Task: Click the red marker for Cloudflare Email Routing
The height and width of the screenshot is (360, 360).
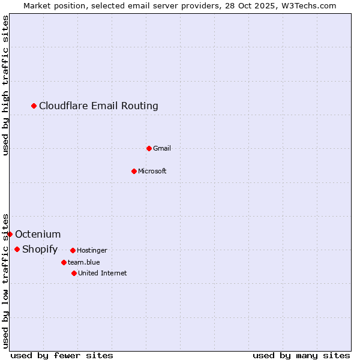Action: pos(34,106)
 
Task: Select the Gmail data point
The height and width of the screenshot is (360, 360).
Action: pos(149,148)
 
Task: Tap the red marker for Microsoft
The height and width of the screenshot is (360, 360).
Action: pos(134,171)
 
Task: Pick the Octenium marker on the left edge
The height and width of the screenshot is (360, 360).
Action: pos(10,234)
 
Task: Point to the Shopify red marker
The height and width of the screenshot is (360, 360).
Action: pos(17,249)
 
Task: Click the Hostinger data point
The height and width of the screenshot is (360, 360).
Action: pos(73,250)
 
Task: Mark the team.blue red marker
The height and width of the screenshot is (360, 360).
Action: pos(64,262)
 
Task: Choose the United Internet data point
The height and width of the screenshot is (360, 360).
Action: pos(74,273)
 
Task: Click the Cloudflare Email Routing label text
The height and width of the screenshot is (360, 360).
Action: pos(98,106)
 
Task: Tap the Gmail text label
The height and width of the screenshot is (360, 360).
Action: pos(162,148)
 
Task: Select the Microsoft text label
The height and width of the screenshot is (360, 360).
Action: pos(152,171)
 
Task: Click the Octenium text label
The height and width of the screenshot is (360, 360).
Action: pos(38,234)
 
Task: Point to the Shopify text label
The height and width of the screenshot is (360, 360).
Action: pos(40,249)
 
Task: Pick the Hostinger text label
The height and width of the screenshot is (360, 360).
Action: pos(92,250)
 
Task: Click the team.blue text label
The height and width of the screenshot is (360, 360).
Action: pos(84,262)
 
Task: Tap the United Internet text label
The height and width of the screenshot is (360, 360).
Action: pos(103,273)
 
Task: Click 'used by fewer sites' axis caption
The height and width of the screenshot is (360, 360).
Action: pos(62,355)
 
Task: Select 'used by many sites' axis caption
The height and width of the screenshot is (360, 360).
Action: pos(301,355)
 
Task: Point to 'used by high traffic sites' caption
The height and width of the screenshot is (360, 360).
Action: pos(5,85)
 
